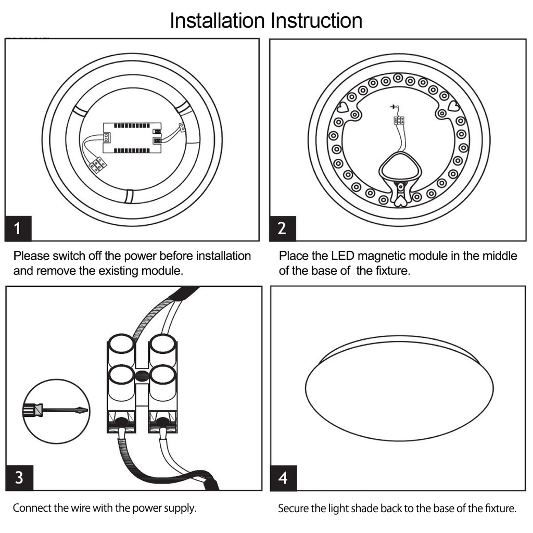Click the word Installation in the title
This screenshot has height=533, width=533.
[x=217, y=21]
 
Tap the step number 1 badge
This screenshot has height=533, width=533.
[x=18, y=229]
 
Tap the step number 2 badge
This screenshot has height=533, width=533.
[x=282, y=229]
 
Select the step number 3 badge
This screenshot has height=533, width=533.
[x=19, y=477]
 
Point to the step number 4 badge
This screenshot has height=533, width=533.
[x=283, y=477]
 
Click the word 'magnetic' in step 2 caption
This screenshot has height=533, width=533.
[x=382, y=256]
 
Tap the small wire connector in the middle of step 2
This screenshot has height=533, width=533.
[x=399, y=120]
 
